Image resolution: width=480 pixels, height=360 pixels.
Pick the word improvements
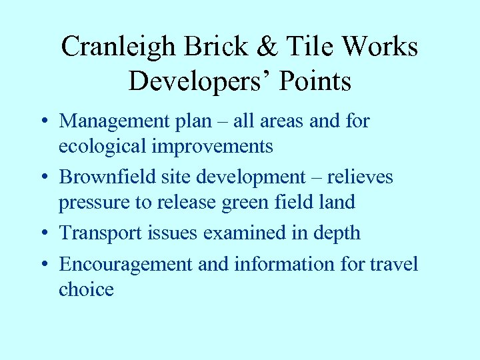point(213,146)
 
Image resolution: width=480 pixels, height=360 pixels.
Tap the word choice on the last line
point(86,289)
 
